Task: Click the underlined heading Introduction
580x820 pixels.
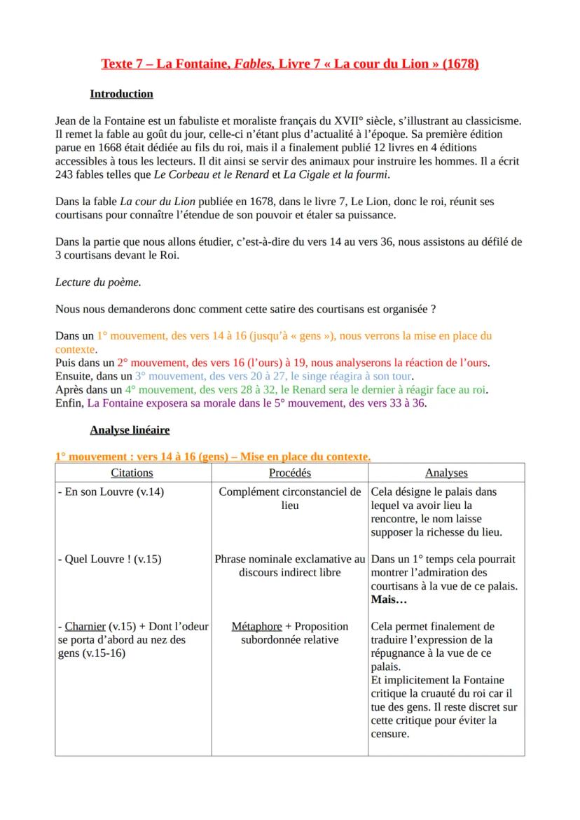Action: coord(121,94)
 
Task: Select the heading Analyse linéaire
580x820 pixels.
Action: coord(130,429)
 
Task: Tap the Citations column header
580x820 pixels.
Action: coord(132,473)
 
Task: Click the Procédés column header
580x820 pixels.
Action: coord(290,473)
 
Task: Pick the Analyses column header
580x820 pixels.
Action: coord(446,473)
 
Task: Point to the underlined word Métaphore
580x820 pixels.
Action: coord(256,626)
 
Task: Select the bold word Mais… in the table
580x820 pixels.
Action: coord(389,600)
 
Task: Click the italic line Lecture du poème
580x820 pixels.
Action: coord(97,282)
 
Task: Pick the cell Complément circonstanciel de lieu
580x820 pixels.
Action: coord(290,498)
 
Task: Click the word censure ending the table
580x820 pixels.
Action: coord(389,734)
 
